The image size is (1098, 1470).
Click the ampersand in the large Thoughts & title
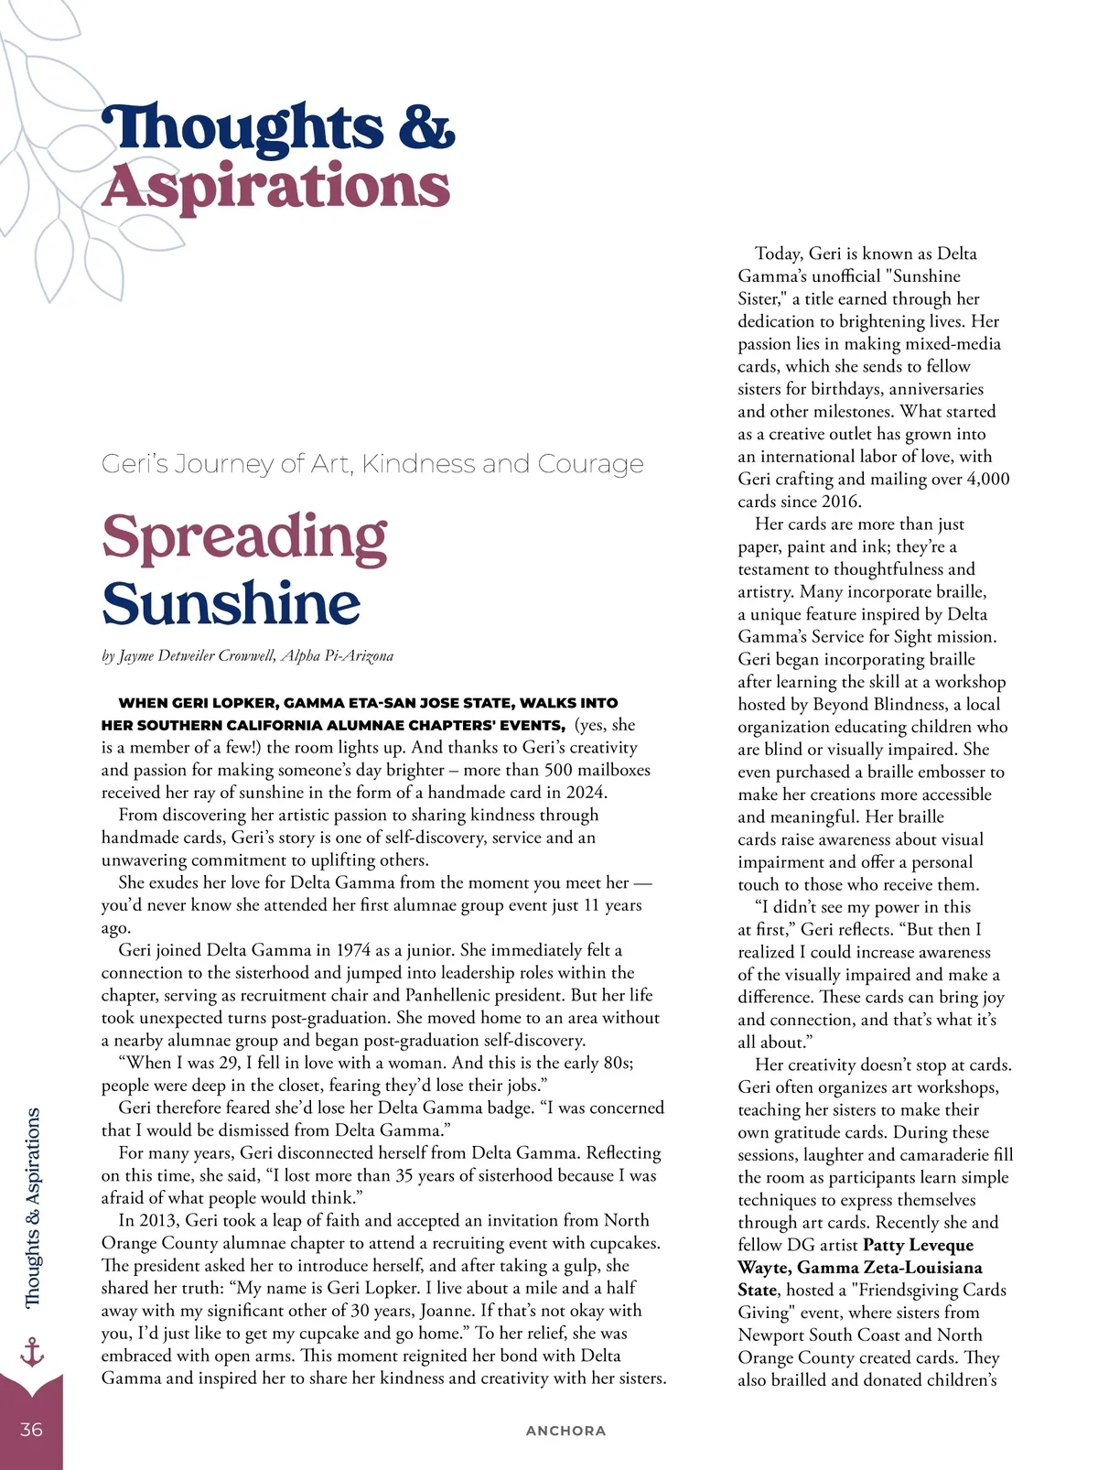coord(425,127)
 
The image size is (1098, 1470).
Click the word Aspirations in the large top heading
coord(276,188)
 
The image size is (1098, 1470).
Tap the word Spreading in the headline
coord(244,538)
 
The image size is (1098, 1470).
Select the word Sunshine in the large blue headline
coord(231,604)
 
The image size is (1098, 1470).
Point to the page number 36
coord(31,1430)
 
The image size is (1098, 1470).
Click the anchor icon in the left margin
coord(32,1351)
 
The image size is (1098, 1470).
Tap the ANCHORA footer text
coord(565,1431)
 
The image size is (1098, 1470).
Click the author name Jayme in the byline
coord(139,656)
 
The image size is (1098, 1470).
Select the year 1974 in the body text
coord(352,950)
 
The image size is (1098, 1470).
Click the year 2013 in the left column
coord(158,1220)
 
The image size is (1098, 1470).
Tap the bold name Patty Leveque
coord(918,1245)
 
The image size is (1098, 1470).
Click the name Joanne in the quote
coord(447,1311)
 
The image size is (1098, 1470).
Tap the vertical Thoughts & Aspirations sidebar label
coord(33,1208)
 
